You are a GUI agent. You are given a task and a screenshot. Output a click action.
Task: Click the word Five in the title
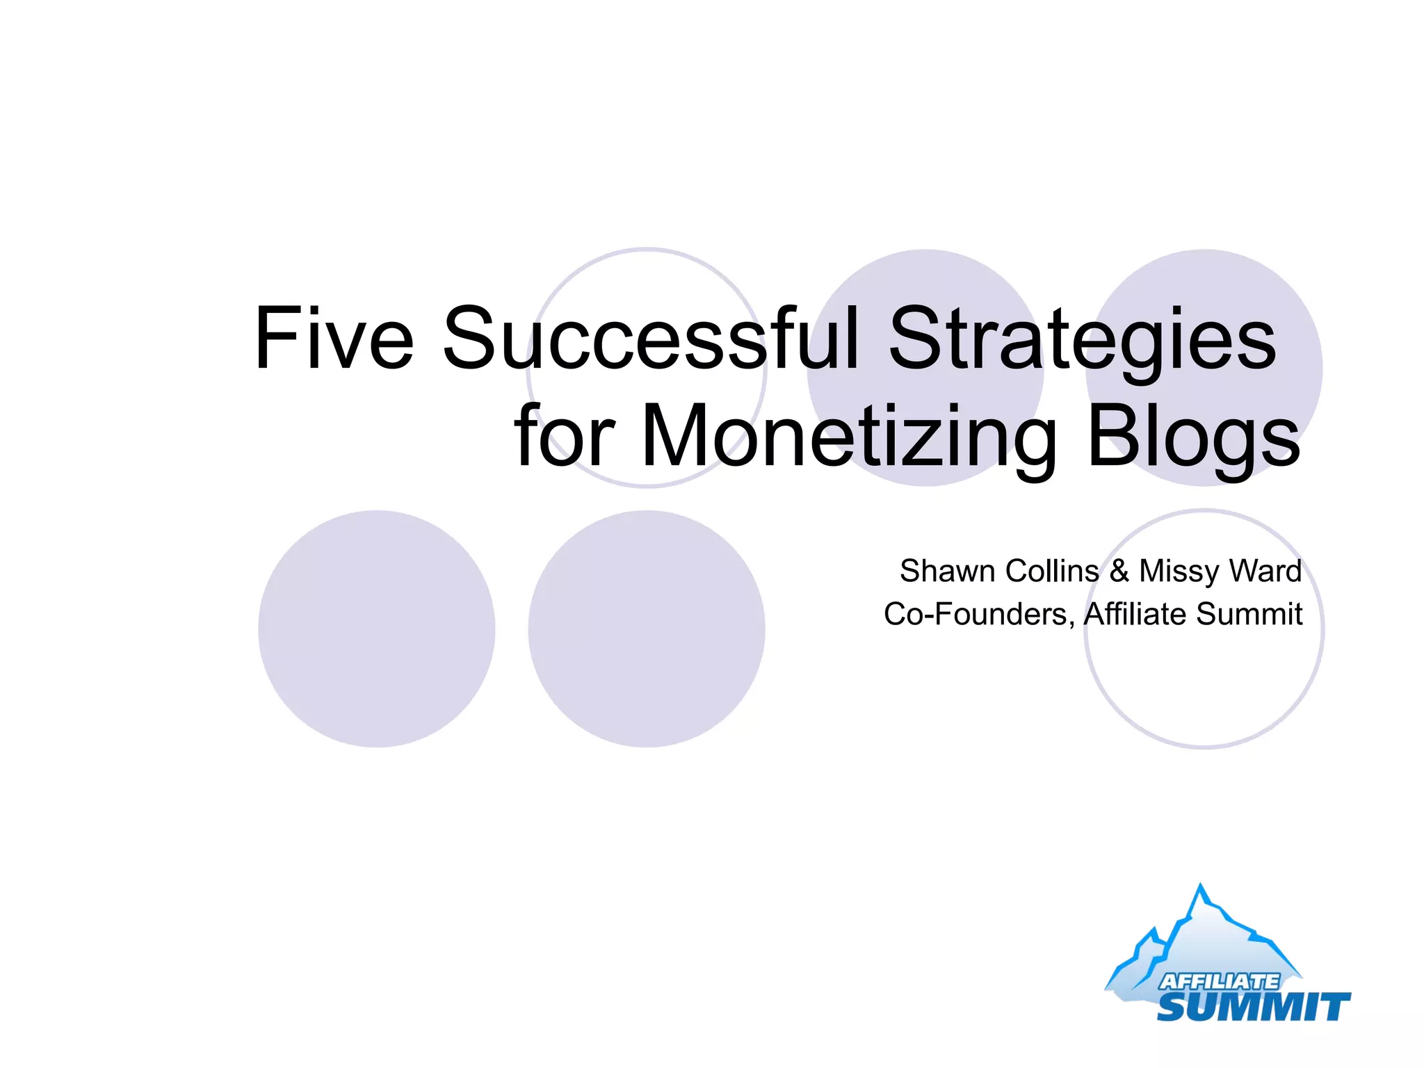(x=334, y=339)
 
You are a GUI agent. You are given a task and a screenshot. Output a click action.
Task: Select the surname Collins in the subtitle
(x=1052, y=571)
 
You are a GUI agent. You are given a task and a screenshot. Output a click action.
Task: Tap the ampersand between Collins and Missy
(x=1119, y=571)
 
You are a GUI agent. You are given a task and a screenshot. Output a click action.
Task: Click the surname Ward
(x=1265, y=571)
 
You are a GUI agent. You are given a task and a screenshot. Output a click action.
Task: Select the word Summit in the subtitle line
(x=1249, y=614)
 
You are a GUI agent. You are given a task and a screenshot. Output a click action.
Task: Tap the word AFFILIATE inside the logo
(x=1218, y=981)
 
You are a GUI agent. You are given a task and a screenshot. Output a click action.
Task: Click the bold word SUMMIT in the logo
(x=1253, y=1007)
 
